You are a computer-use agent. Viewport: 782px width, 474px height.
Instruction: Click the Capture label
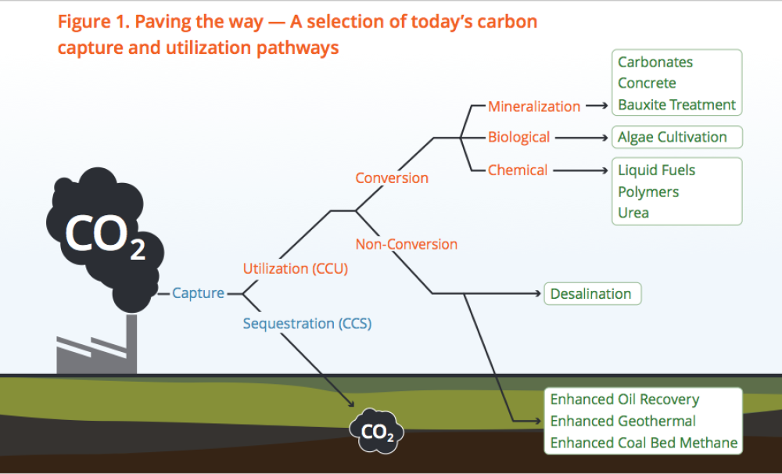pyautogui.click(x=198, y=293)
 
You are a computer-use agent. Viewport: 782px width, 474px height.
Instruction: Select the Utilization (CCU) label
pyautogui.click(x=295, y=268)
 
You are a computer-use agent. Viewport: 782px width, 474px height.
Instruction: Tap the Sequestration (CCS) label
pyautogui.click(x=307, y=323)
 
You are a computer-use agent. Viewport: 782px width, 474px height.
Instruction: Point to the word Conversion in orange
pyautogui.click(x=392, y=178)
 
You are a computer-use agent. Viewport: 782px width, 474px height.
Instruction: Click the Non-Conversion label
pyautogui.click(x=406, y=244)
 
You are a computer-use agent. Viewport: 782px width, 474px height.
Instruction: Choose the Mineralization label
pyautogui.click(x=534, y=106)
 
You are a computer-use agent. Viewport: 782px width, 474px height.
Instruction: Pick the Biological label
pyautogui.click(x=518, y=137)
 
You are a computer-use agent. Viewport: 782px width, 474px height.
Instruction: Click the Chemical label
pyautogui.click(x=518, y=170)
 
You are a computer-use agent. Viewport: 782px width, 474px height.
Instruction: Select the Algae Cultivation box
pyautogui.click(x=673, y=137)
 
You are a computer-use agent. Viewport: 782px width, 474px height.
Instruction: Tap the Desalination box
pyautogui.click(x=590, y=294)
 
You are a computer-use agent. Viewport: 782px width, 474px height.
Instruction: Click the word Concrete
pyautogui.click(x=647, y=83)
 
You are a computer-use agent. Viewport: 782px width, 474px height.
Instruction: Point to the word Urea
pyautogui.click(x=633, y=212)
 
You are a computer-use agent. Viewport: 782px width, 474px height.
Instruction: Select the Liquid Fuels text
pyautogui.click(x=656, y=170)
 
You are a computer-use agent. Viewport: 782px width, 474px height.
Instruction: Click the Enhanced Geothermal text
pyautogui.click(x=622, y=421)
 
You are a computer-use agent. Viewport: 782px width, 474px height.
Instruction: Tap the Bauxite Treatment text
pyautogui.click(x=676, y=104)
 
